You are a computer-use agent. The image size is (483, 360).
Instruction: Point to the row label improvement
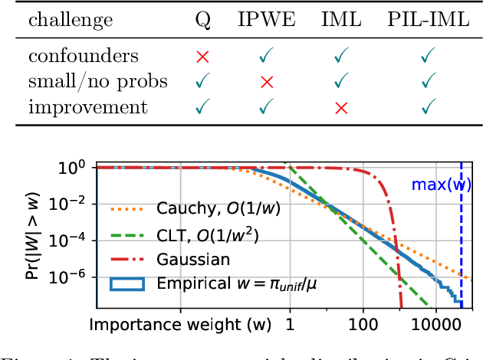88,106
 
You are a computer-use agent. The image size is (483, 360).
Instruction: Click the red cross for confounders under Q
202,56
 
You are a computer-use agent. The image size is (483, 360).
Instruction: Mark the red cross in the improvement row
340,106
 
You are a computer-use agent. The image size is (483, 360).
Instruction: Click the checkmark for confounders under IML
340,56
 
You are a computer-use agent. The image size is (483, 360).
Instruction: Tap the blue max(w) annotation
441,185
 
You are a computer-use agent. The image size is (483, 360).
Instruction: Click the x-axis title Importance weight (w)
180,324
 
